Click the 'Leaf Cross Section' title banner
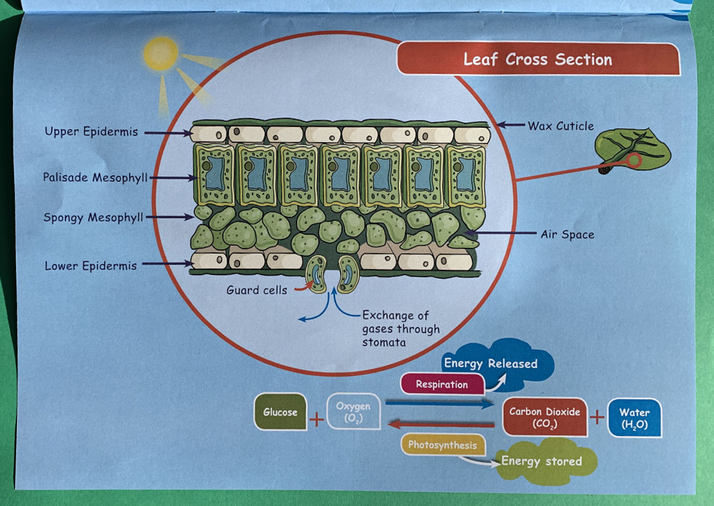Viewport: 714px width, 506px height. tap(538, 60)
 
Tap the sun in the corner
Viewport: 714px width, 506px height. tap(160, 54)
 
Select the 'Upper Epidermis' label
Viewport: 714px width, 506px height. tap(92, 132)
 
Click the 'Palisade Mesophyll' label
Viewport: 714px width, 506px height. tap(95, 177)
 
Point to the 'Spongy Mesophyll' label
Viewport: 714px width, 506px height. tap(93, 217)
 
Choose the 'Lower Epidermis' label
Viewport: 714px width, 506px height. tap(91, 265)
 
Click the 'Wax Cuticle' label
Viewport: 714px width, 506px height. tap(560, 126)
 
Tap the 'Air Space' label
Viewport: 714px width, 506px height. tap(567, 234)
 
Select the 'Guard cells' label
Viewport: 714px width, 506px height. tap(256, 290)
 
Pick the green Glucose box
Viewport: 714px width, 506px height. tap(280, 412)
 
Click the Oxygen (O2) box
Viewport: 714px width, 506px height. tap(353, 412)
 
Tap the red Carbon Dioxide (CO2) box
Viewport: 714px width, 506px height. tap(545, 417)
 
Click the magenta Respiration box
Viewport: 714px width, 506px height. tap(442, 384)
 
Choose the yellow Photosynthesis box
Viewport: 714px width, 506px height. tap(443, 445)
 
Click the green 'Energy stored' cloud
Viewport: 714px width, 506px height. tap(541, 461)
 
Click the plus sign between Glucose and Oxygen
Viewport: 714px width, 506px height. tap(316, 419)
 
